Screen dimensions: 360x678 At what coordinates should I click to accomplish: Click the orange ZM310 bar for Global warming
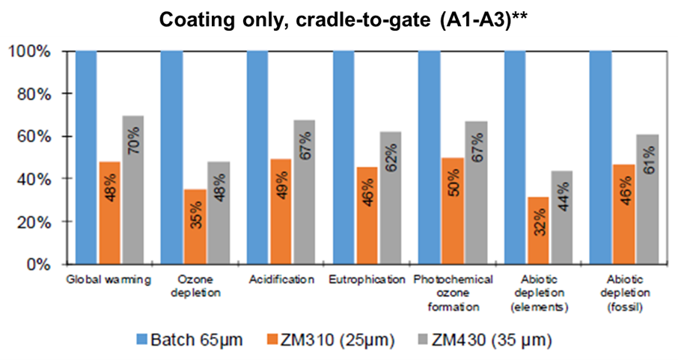pyautogui.click(x=110, y=213)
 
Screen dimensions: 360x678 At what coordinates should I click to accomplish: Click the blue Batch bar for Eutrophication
pyautogui.click(x=343, y=157)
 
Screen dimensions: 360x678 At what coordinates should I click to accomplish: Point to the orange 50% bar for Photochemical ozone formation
pyautogui.click(x=453, y=211)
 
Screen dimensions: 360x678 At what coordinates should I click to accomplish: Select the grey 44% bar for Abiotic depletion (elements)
pyautogui.click(x=562, y=217)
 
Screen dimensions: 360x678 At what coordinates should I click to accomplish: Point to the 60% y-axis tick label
pyautogui.click(x=32, y=137)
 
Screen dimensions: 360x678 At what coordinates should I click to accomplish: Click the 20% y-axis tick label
pyautogui.click(x=32, y=222)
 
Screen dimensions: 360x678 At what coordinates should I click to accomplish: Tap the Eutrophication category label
pyautogui.click(x=365, y=280)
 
